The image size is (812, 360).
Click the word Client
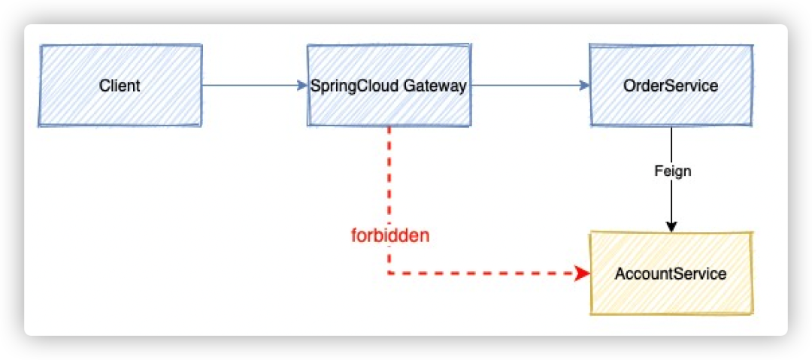120,86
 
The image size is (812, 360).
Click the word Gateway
435,86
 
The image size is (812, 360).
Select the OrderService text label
671,86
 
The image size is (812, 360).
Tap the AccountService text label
671,274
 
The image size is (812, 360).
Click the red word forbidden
390,235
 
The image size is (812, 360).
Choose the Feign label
672,171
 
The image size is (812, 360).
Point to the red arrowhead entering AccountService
583,274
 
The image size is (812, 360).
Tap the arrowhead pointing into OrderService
584,85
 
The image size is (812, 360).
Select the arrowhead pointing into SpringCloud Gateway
302,85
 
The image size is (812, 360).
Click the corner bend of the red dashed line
389,274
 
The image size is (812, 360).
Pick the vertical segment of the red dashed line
389,180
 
